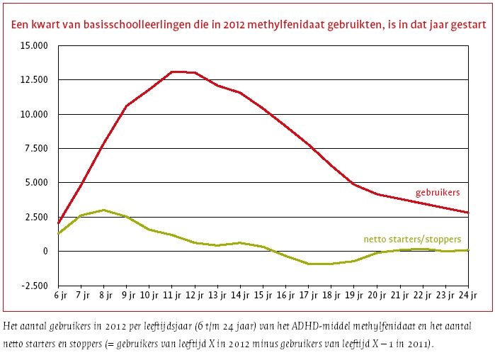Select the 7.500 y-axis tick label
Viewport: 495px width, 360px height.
pos(34,149)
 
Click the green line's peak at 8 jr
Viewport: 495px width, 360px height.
pos(103,210)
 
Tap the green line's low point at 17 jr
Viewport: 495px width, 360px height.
pos(309,264)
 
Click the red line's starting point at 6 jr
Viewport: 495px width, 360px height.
pos(57,223)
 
